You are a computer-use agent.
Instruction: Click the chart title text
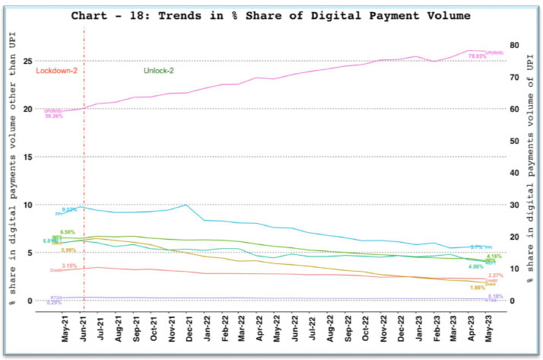point(270,14)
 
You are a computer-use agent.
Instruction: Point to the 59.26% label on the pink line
point(55,116)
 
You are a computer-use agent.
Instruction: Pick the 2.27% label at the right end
point(495,276)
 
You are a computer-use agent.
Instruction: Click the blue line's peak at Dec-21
point(186,205)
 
